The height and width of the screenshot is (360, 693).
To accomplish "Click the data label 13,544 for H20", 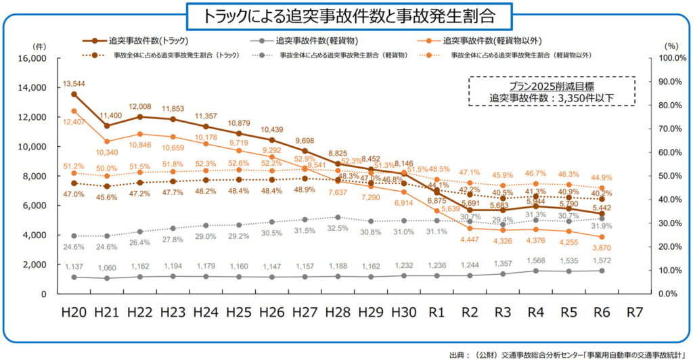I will [74, 83].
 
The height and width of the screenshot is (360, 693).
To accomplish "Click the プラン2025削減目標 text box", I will [552, 91].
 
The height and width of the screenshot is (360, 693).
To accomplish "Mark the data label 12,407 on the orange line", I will [75, 121].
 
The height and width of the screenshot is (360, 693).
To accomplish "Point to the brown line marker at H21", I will [107, 126].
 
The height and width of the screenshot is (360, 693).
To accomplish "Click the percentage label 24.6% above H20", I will [74, 247].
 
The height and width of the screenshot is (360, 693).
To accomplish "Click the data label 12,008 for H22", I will [139, 107].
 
